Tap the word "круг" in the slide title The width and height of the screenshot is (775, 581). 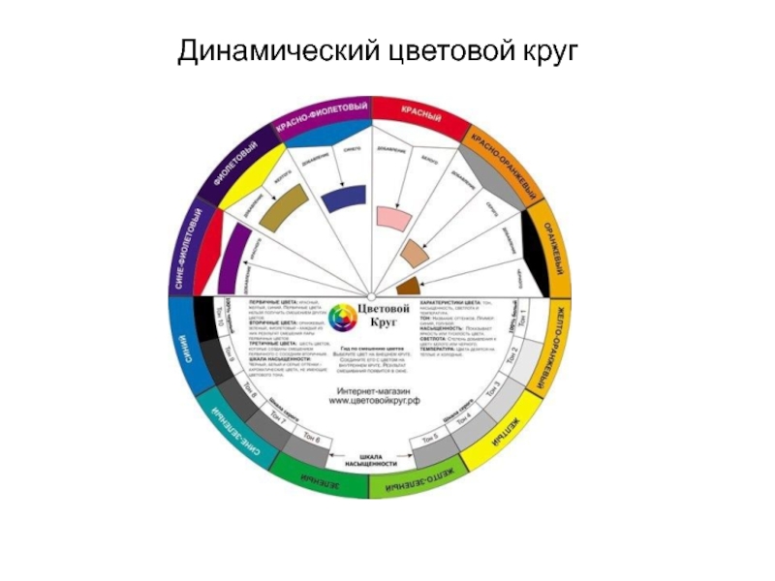pyautogui.click(x=544, y=49)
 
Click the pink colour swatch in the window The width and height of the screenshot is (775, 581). pyautogui.click(x=387, y=215)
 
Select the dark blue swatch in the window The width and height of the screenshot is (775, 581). pyautogui.click(x=343, y=197)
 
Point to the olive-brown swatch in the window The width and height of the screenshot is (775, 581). pyautogui.click(x=285, y=208)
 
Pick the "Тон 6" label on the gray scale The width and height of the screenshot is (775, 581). pyautogui.click(x=311, y=440)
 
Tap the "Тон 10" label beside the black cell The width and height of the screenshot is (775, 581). pyautogui.click(x=220, y=314)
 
